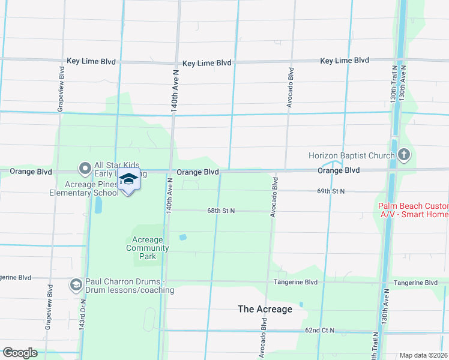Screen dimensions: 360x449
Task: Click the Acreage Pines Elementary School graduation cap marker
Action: click(129, 180)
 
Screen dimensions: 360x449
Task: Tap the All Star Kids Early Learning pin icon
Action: click(85, 168)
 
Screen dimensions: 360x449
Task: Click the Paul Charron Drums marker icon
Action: click(76, 284)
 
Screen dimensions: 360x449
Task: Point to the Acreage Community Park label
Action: click(147, 248)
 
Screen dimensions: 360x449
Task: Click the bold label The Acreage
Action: click(265, 309)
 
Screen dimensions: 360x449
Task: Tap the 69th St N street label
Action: click(348, 191)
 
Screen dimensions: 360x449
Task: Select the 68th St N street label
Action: click(221, 211)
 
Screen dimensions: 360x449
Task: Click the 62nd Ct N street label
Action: click(319, 331)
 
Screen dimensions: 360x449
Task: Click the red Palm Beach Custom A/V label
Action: click(413, 210)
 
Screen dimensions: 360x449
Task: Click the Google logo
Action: click(20, 353)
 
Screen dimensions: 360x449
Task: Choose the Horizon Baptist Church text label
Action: click(351, 156)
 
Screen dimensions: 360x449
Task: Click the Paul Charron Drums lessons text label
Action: click(129, 286)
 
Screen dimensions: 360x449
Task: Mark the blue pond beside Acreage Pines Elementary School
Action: click(98, 206)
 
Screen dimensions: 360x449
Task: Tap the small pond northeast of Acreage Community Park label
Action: click(182, 237)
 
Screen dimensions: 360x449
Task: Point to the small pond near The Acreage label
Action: click(301, 304)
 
